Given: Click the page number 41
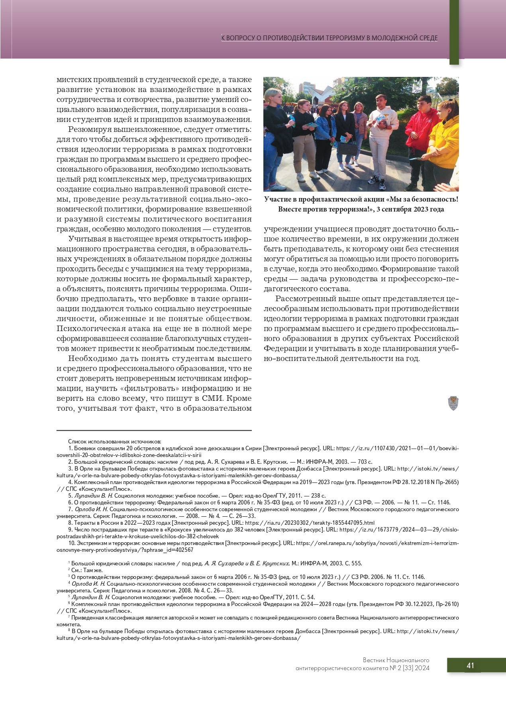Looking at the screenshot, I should tap(470, 666).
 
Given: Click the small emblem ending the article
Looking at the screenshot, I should tap(453, 403).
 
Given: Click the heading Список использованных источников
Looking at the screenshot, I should tap(115, 441).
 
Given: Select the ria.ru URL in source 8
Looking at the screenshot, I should tap(310, 523).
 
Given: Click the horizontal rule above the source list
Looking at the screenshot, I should tap(154, 430).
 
